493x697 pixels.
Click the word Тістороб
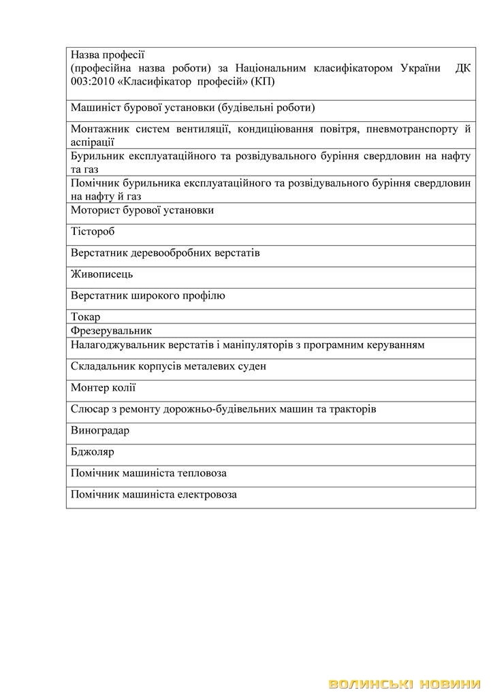[x=93, y=232]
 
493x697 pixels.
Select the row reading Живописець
[x=102, y=274]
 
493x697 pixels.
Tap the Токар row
[x=86, y=317]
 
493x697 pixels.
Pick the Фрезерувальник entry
[x=111, y=331]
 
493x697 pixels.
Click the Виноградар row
[x=100, y=431]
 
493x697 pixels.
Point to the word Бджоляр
[x=93, y=452]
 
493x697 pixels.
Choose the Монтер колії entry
[x=104, y=388]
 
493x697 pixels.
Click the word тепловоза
[x=202, y=473]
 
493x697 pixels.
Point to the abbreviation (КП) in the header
[x=262, y=82]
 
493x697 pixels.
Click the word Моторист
[x=94, y=210]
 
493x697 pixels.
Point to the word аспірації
[x=93, y=142]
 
